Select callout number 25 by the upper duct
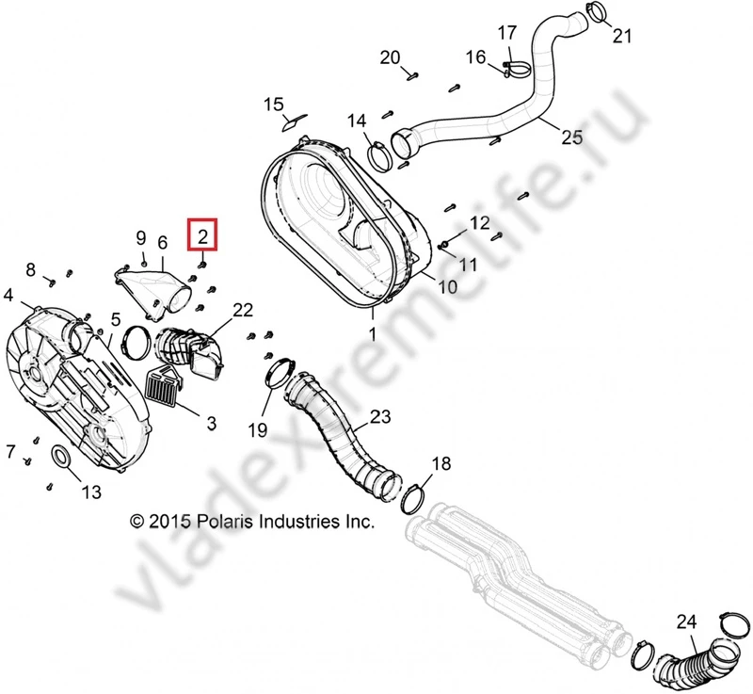tap(572, 137)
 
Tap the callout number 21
tap(622, 37)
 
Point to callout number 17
tap(506, 33)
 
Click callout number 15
tap(273, 104)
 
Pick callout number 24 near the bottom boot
tap(687, 621)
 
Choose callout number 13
tap(90, 491)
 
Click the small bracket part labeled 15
tap(293, 121)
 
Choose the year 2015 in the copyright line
tap(169, 521)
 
